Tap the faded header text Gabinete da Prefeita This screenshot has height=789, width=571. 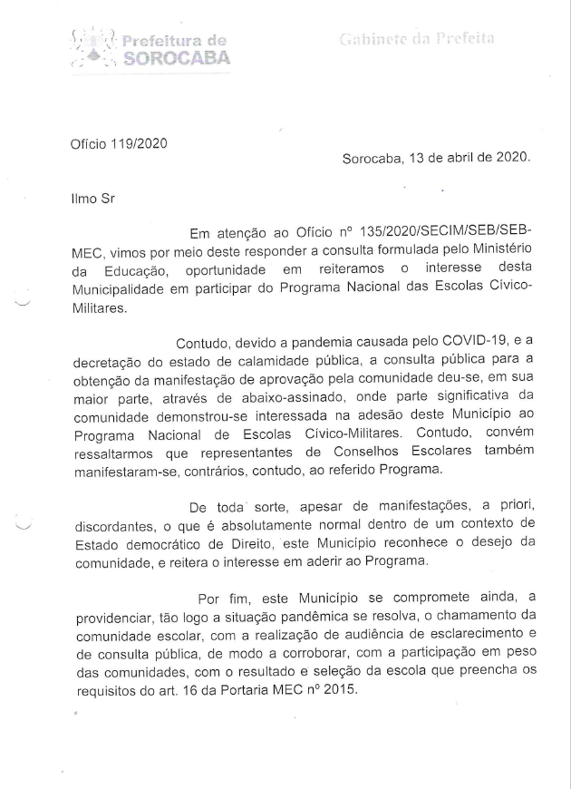tap(416, 39)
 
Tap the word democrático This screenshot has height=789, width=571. tap(165, 545)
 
